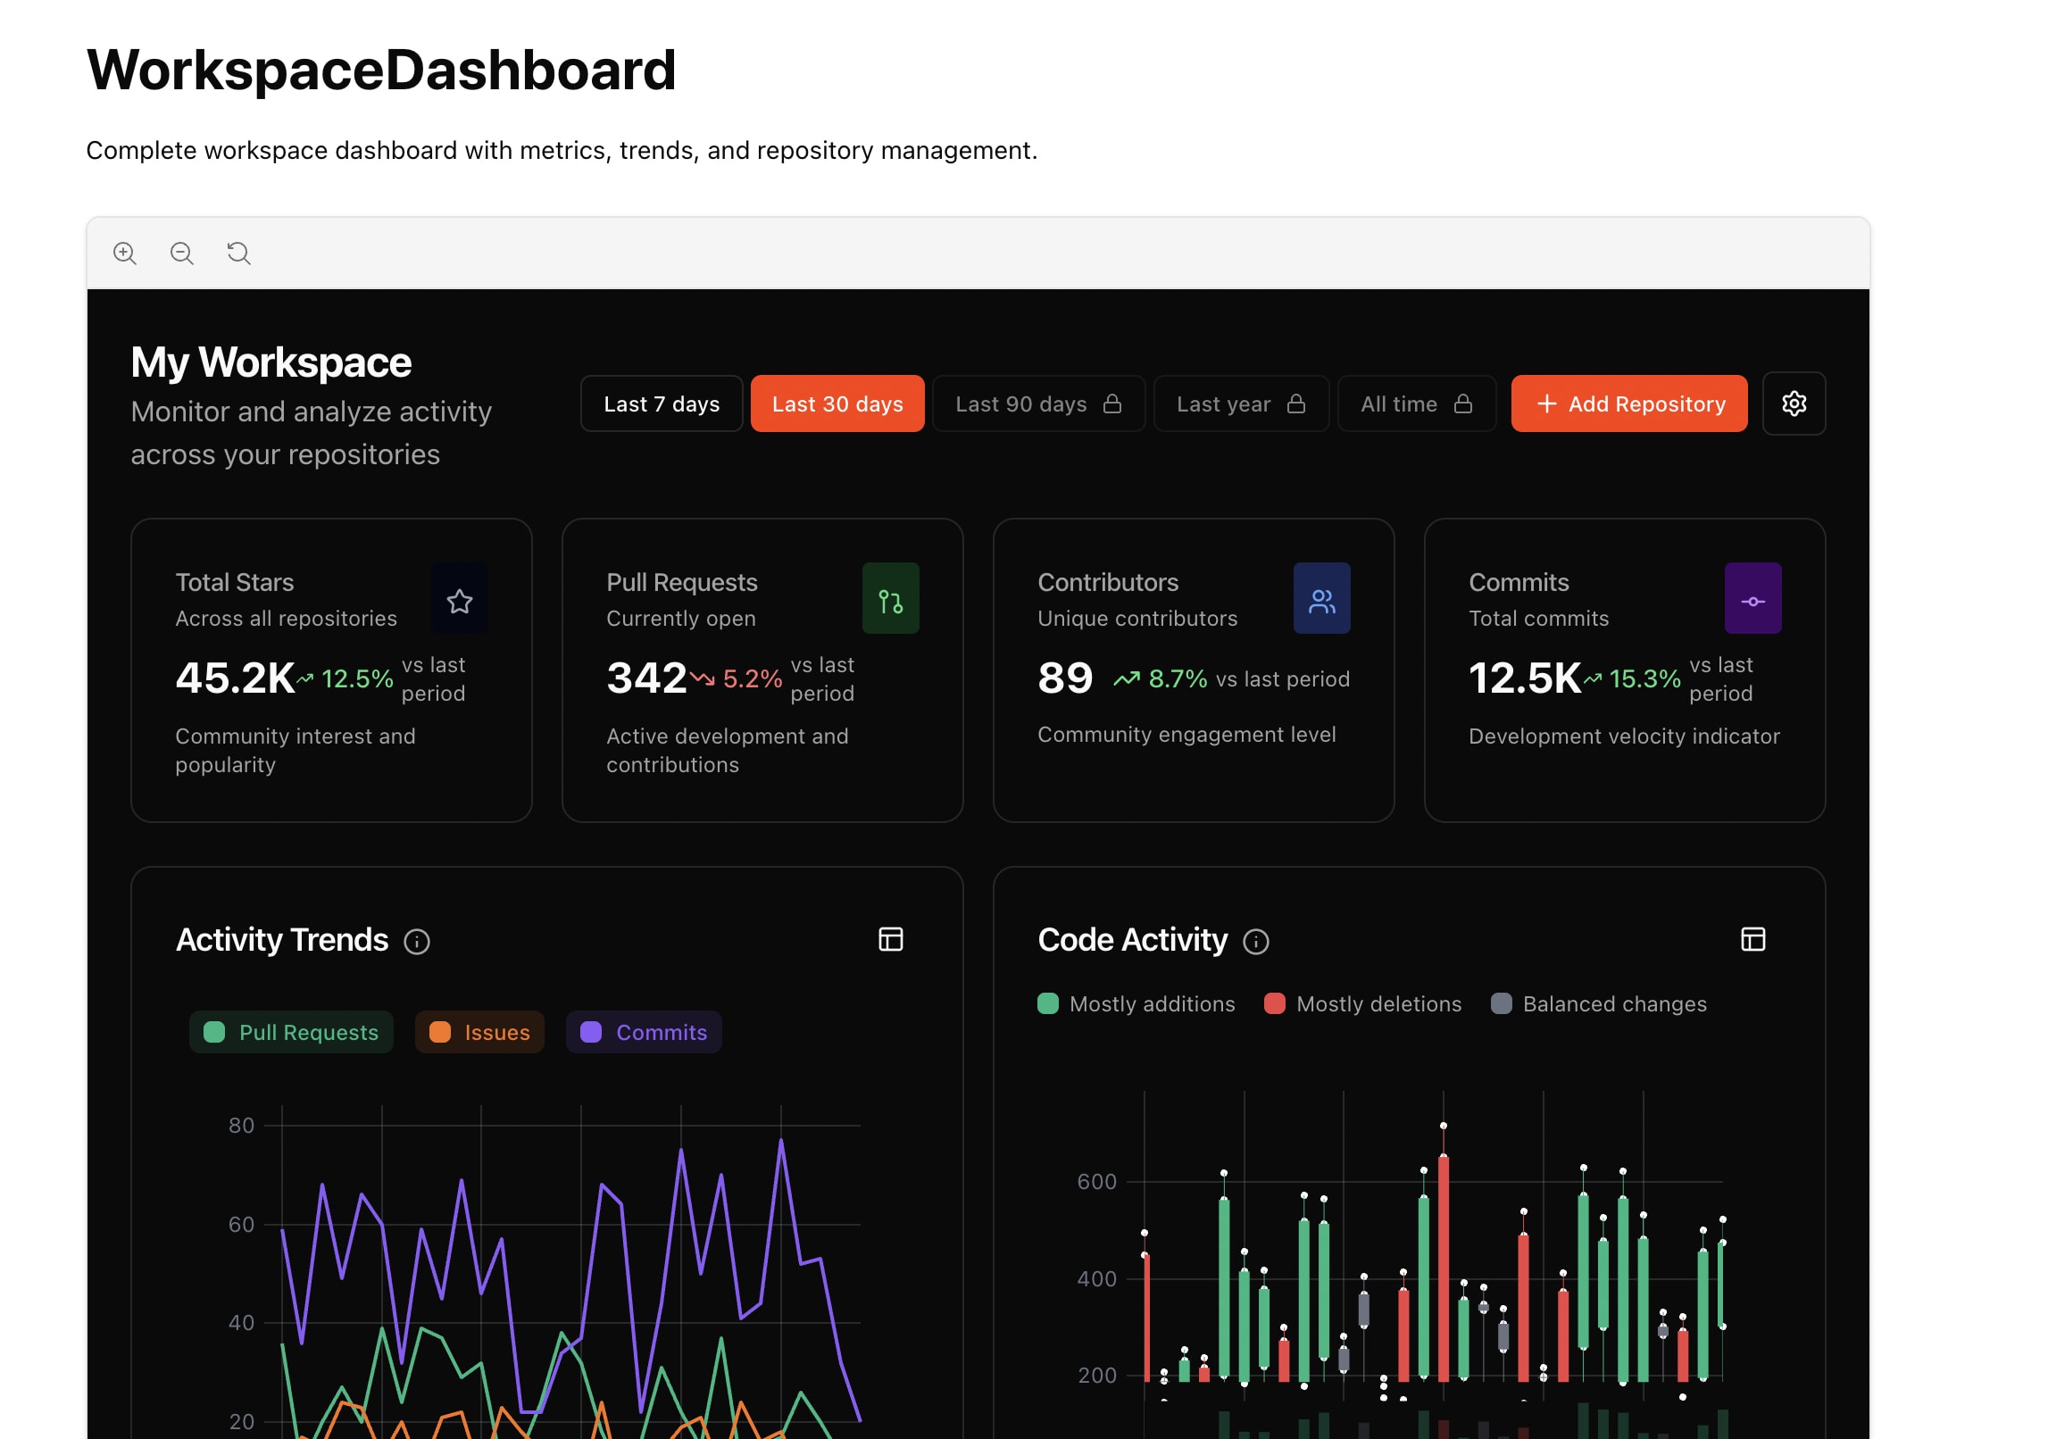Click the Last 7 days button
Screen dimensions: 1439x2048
click(x=661, y=404)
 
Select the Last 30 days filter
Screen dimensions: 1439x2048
click(x=837, y=404)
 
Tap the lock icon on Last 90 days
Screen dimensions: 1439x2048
click(x=1111, y=404)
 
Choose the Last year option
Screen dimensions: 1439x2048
click(x=1240, y=404)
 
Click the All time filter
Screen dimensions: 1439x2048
click(x=1415, y=404)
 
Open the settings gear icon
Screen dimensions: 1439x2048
click(x=1793, y=404)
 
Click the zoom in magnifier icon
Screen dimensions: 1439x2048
click(x=125, y=254)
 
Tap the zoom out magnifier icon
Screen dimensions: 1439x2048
click(x=182, y=254)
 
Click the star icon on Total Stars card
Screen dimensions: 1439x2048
click(x=459, y=601)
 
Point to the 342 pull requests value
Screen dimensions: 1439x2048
click(x=646, y=678)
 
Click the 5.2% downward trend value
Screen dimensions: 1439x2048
click(x=752, y=679)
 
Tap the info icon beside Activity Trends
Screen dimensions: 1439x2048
click(x=417, y=942)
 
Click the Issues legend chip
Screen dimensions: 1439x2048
click(x=479, y=1033)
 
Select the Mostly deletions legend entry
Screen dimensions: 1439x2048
click(x=1362, y=1004)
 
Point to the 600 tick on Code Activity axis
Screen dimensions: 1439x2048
click(x=1096, y=1182)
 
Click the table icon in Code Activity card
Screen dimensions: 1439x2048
click(x=1752, y=940)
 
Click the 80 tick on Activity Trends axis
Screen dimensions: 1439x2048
click(x=241, y=1126)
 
